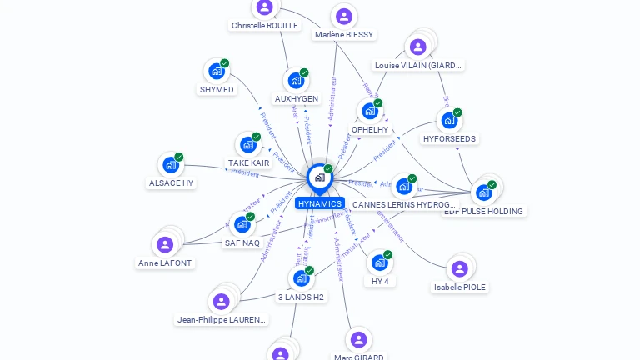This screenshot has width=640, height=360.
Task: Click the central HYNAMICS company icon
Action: (x=319, y=177)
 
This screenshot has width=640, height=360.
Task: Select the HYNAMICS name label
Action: (x=320, y=203)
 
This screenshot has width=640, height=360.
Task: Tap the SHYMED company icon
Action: (x=217, y=72)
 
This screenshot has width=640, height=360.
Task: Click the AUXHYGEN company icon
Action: (x=296, y=81)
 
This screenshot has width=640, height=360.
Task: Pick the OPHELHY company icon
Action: (x=369, y=111)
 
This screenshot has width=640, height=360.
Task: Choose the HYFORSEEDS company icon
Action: (x=449, y=121)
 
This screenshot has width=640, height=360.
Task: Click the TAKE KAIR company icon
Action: (x=247, y=145)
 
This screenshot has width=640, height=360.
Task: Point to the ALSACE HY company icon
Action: (x=171, y=165)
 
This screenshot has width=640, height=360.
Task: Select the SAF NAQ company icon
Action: (x=242, y=225)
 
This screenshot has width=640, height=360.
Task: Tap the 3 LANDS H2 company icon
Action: (x=301, y=278)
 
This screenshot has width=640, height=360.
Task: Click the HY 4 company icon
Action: (x=379, y=262)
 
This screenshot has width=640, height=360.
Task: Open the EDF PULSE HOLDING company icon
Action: (x=483, y=192)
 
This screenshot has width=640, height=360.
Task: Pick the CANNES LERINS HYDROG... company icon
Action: (x=403, y=187)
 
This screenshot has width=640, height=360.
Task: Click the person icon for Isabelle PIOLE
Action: (x=459, y=268)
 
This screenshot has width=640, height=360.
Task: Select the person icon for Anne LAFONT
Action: (x=165, y=244)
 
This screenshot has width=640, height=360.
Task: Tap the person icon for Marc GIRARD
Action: (x=358, y=339)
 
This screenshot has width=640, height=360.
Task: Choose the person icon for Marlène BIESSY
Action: (x=343, y=17)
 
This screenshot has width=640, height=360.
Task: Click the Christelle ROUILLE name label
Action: (x=264, y=26)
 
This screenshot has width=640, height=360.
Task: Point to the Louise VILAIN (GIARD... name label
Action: (x=418, y=65)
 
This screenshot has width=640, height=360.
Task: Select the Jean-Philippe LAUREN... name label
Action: (x=222, y=319)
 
